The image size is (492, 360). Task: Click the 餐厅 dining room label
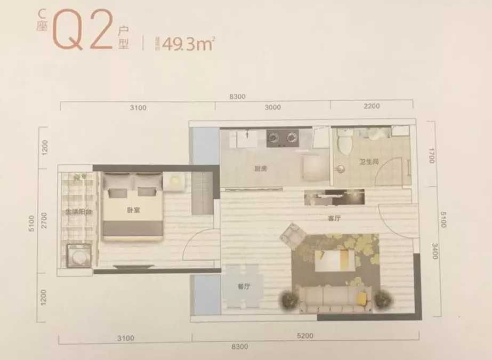(243, 286)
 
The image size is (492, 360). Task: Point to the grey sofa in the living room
(335, 300)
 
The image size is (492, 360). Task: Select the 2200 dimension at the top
(371, 106)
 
